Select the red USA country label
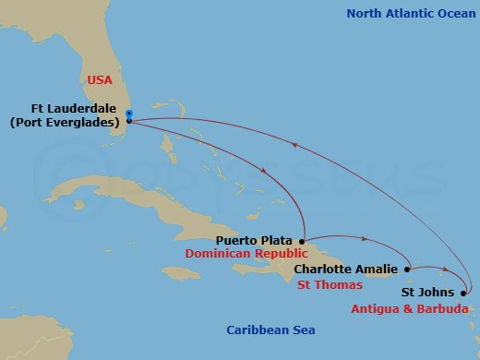pyautogui.click(x=99, y=80)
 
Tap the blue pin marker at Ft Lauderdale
pyautogui.click(x=129, y=114)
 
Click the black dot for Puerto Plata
pyautogui.click(x=303, y=240)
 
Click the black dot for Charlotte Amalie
pyautogui.click(x=407, y=269)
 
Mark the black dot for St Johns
pyautogui.click(x=462, y=293)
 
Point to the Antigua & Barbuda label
pyautogui.click(x=405, y=308)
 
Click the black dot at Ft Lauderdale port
pyautogui.click(x=129, y=121)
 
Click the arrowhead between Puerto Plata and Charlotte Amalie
pyautogui.click(x=363, y=238)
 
